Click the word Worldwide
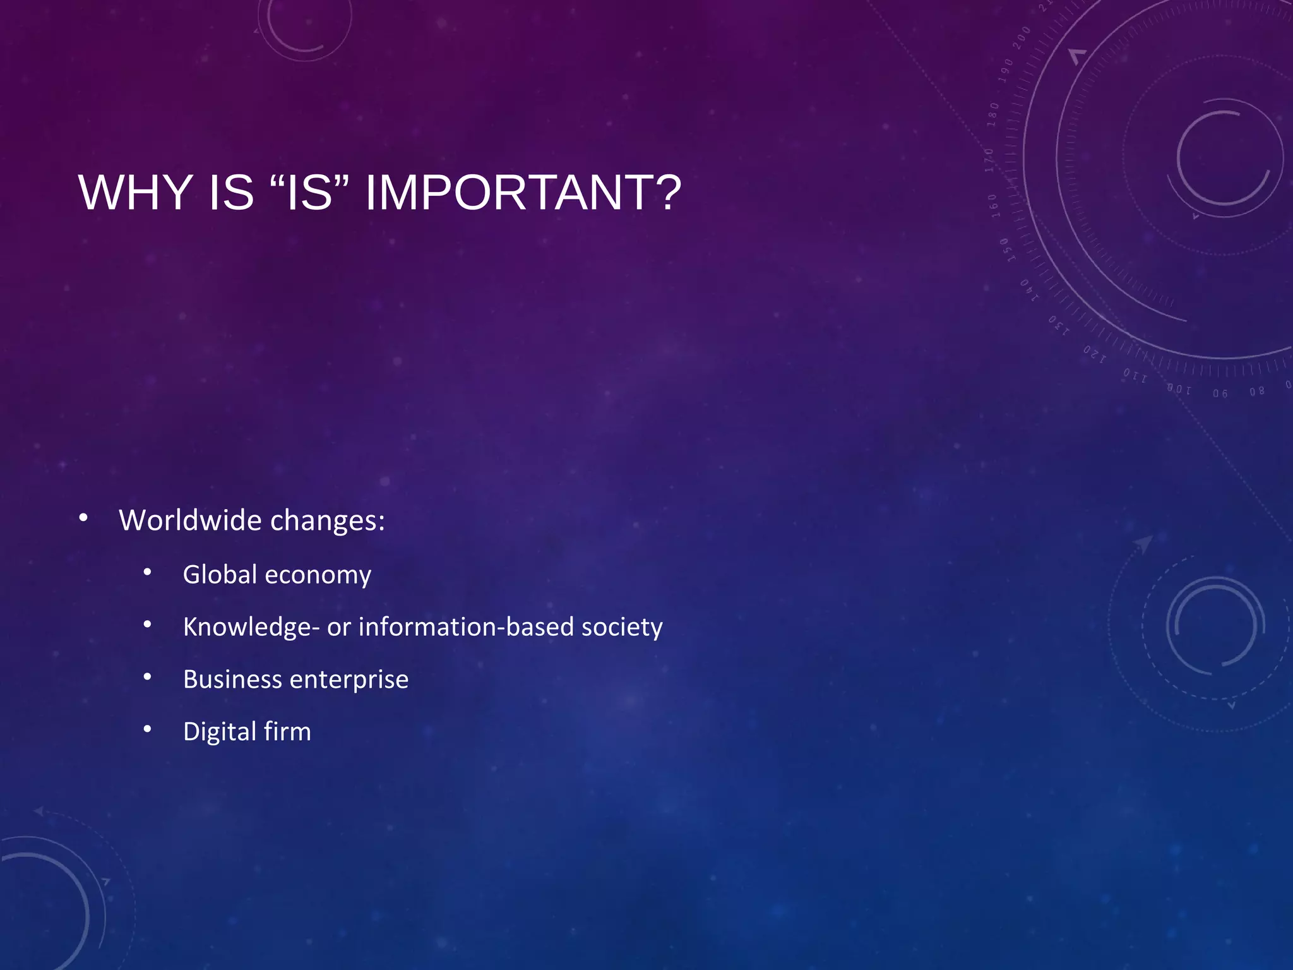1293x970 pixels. pyautogui.click(x=190, y=520)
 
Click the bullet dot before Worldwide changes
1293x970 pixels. pyautogui.click(x=83, y=518)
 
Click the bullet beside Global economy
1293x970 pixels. pyautogui.click(x=147, y=573)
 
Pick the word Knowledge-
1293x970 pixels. pyautogui.click(x=251, y=627)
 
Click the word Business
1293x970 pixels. pyautogui.click(x=232, y=680)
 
